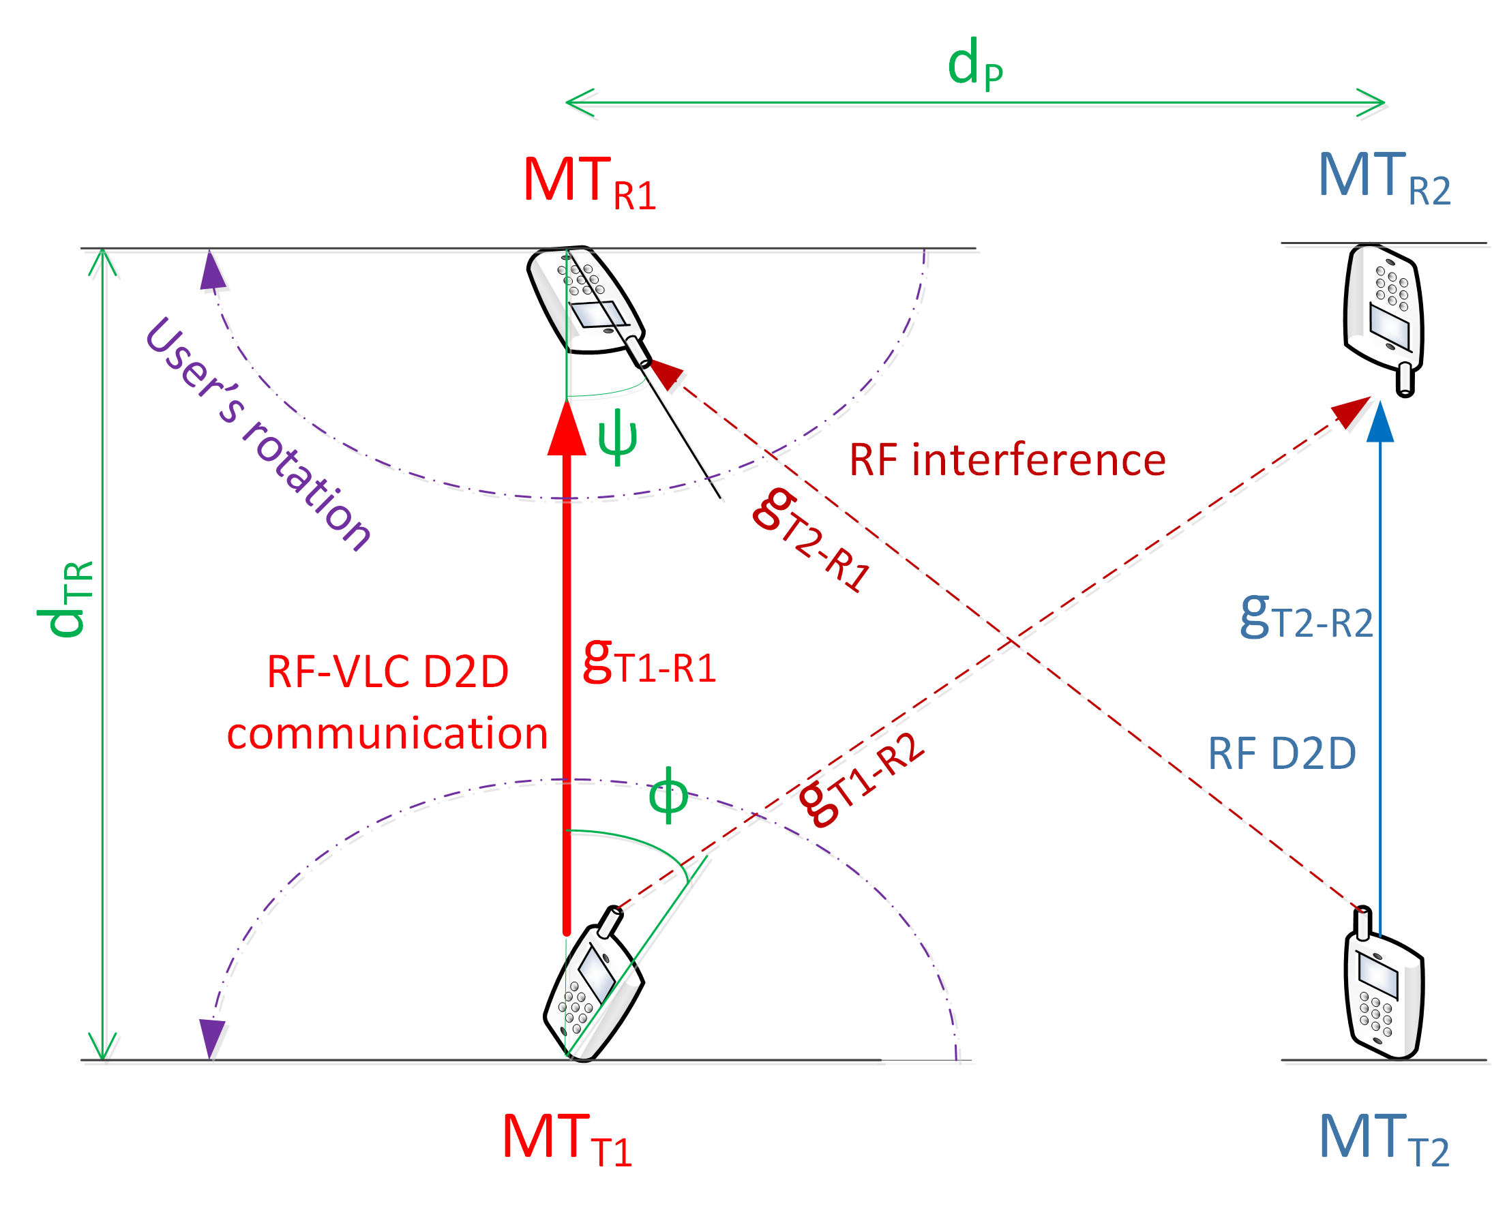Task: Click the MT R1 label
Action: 590,182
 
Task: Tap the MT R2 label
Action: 1385,178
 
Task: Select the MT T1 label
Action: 567,1140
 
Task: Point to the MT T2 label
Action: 1385,1140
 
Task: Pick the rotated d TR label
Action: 65,599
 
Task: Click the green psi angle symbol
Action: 618,438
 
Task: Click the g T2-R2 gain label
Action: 1307,616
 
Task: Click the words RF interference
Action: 1007,460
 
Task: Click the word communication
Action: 387,735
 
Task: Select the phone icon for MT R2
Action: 1384,319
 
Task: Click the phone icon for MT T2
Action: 1384,983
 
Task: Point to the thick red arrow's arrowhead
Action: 567,427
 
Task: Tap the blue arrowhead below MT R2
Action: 1380,421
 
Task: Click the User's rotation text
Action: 258,434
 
